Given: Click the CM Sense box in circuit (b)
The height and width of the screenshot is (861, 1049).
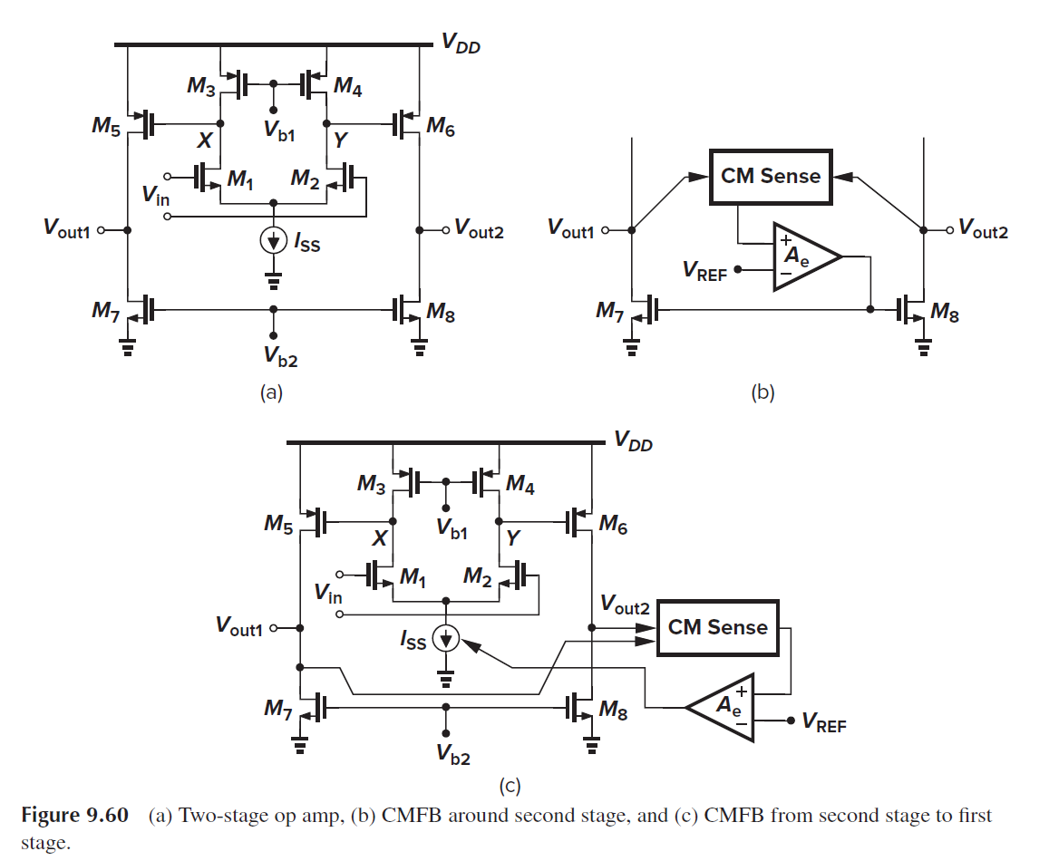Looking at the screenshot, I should (x=770, y=176).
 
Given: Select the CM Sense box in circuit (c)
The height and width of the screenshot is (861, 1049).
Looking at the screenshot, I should (x=717, y=627).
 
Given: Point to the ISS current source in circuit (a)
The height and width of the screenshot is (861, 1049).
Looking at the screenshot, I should (x=273, y=241).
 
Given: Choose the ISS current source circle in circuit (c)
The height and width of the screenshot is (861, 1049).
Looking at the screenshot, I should (x=445, y=639).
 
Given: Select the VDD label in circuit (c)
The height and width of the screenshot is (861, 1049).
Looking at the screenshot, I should (x=633, y=442).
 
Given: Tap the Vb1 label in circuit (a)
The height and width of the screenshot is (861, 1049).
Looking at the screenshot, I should (x=278, y=129).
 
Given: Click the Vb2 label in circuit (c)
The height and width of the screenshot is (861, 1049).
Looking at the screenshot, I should (x=452, y=755).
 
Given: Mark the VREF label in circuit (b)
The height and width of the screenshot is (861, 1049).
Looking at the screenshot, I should (x=704, y=270).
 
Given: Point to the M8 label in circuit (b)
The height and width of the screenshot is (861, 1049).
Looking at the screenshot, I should (x=945, y=314).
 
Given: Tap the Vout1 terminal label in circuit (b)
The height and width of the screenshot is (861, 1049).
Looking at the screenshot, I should (x=574, y=229).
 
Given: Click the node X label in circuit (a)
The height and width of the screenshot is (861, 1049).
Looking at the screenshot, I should (x=205, y=140).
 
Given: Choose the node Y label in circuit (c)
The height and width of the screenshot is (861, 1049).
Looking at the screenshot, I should (x=512, y=538).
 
